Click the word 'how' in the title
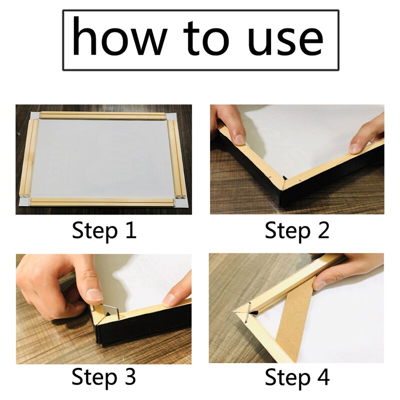click(120, 38)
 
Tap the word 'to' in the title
click(202, 38)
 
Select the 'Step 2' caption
click(297, 231)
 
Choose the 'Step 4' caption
click(297, 376)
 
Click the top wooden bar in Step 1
click(102, 115)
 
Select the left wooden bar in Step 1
click(28, 157)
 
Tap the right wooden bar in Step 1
click(179, 157)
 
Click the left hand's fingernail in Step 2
click(239, 138)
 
